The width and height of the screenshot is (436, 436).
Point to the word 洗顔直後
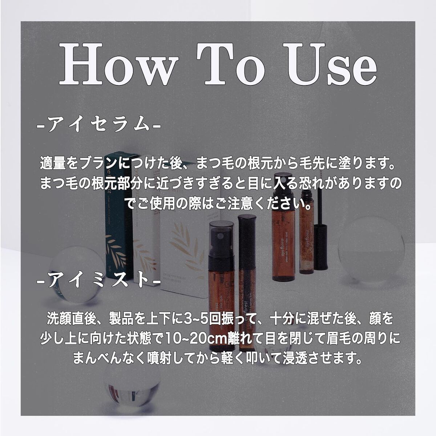(x=73, y=320)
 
